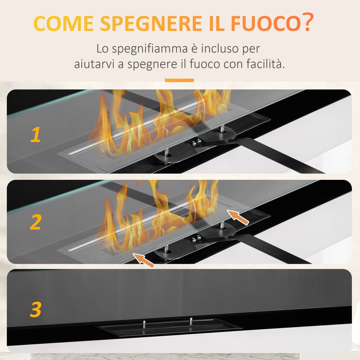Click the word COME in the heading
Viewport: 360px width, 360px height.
click(63, 23)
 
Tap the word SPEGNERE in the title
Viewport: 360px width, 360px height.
click(151, 23)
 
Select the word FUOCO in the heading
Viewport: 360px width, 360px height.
click(266, 23)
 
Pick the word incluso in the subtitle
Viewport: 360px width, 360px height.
click(220, 49)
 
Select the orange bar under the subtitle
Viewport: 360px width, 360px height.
click(179, 81)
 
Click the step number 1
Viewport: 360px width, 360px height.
click(36, 135)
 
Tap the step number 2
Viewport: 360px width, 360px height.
click(36, 222)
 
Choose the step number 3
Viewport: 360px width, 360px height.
click(36, 309)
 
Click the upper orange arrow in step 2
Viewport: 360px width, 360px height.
click(238, 217)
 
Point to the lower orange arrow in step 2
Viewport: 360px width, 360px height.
click(144, 261)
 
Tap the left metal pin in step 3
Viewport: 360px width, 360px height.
click(144, 324)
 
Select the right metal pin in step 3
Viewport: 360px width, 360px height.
click(191, 321)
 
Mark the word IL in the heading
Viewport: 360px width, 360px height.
click(217, 23)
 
